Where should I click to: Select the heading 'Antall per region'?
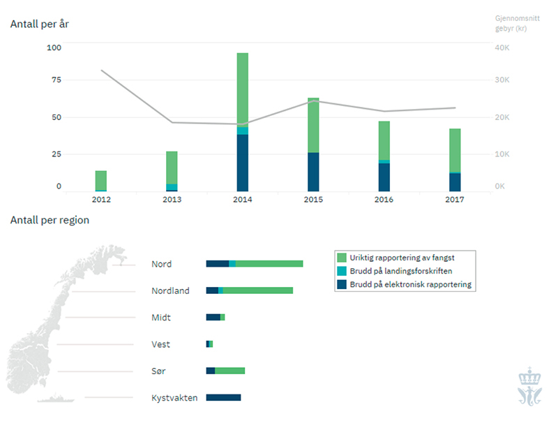pos(50,220)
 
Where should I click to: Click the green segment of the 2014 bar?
pos(243,89)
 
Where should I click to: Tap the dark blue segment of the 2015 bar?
pos(313,172)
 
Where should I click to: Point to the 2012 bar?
pos(101,180)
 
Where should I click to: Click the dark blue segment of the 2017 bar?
pos(455,182)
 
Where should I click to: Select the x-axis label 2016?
pos(384,200)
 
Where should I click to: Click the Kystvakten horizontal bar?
pos(223,397)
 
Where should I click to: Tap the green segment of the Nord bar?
pos(269,263)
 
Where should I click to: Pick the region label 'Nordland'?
pos(170,290)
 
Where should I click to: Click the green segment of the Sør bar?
pos(229,371)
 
